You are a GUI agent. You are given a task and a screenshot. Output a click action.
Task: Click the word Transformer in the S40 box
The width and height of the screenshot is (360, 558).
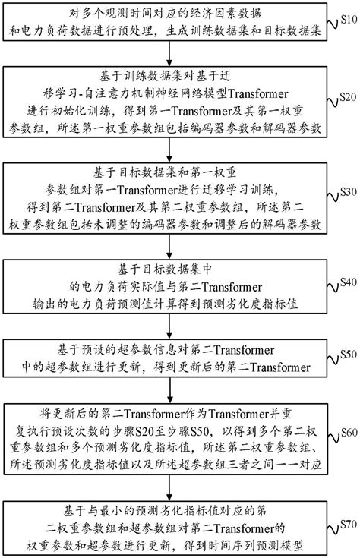[227, 285]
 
